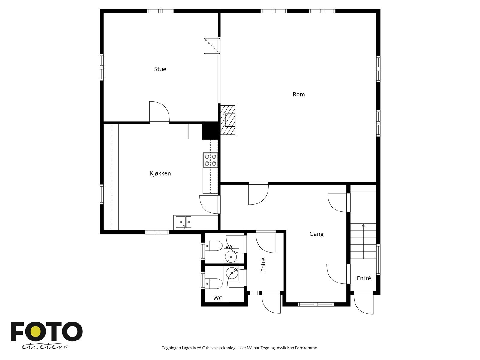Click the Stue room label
tap(160, 69)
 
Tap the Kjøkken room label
tap(160, 173)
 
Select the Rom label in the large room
tap(298, 94)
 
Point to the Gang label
tap(316, 234)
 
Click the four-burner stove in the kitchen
tap(210, 160)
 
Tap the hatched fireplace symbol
tap(228, 120)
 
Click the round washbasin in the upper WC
tap(230, 257)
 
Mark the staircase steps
tap(363, 241)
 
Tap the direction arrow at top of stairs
tap(363, 225)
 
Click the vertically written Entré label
tap(263, 265)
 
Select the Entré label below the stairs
tap(364, 278)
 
